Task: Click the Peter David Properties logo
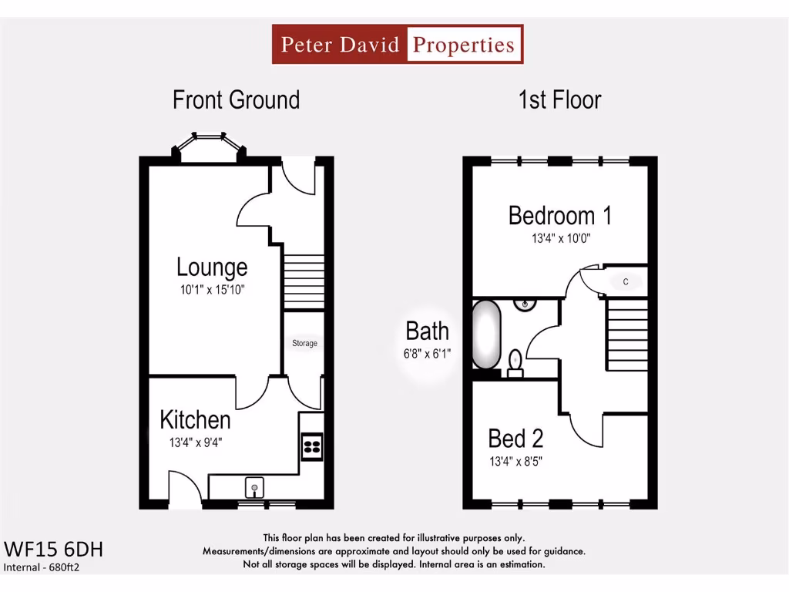[398, 44]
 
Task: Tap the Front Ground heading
[236, 100]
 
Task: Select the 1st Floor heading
[559, 100]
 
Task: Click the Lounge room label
[212, 267]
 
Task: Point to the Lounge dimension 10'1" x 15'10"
[212, 290]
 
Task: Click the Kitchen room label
[195, 420]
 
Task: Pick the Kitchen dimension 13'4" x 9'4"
[196, 442]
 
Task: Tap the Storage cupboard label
[304, 343]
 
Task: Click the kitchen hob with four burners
[312, 447]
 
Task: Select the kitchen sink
[254, 487]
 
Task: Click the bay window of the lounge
[209, 146]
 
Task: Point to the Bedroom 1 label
[560, 216]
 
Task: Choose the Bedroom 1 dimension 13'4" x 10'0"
[561, 239]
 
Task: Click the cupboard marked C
[626, 282]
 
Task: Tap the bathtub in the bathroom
[487, 335]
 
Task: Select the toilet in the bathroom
[515, 361]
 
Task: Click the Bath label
[427, 331]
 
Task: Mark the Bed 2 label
[515, 439]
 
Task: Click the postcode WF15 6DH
[54, 550]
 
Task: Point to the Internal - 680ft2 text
[42, 568]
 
